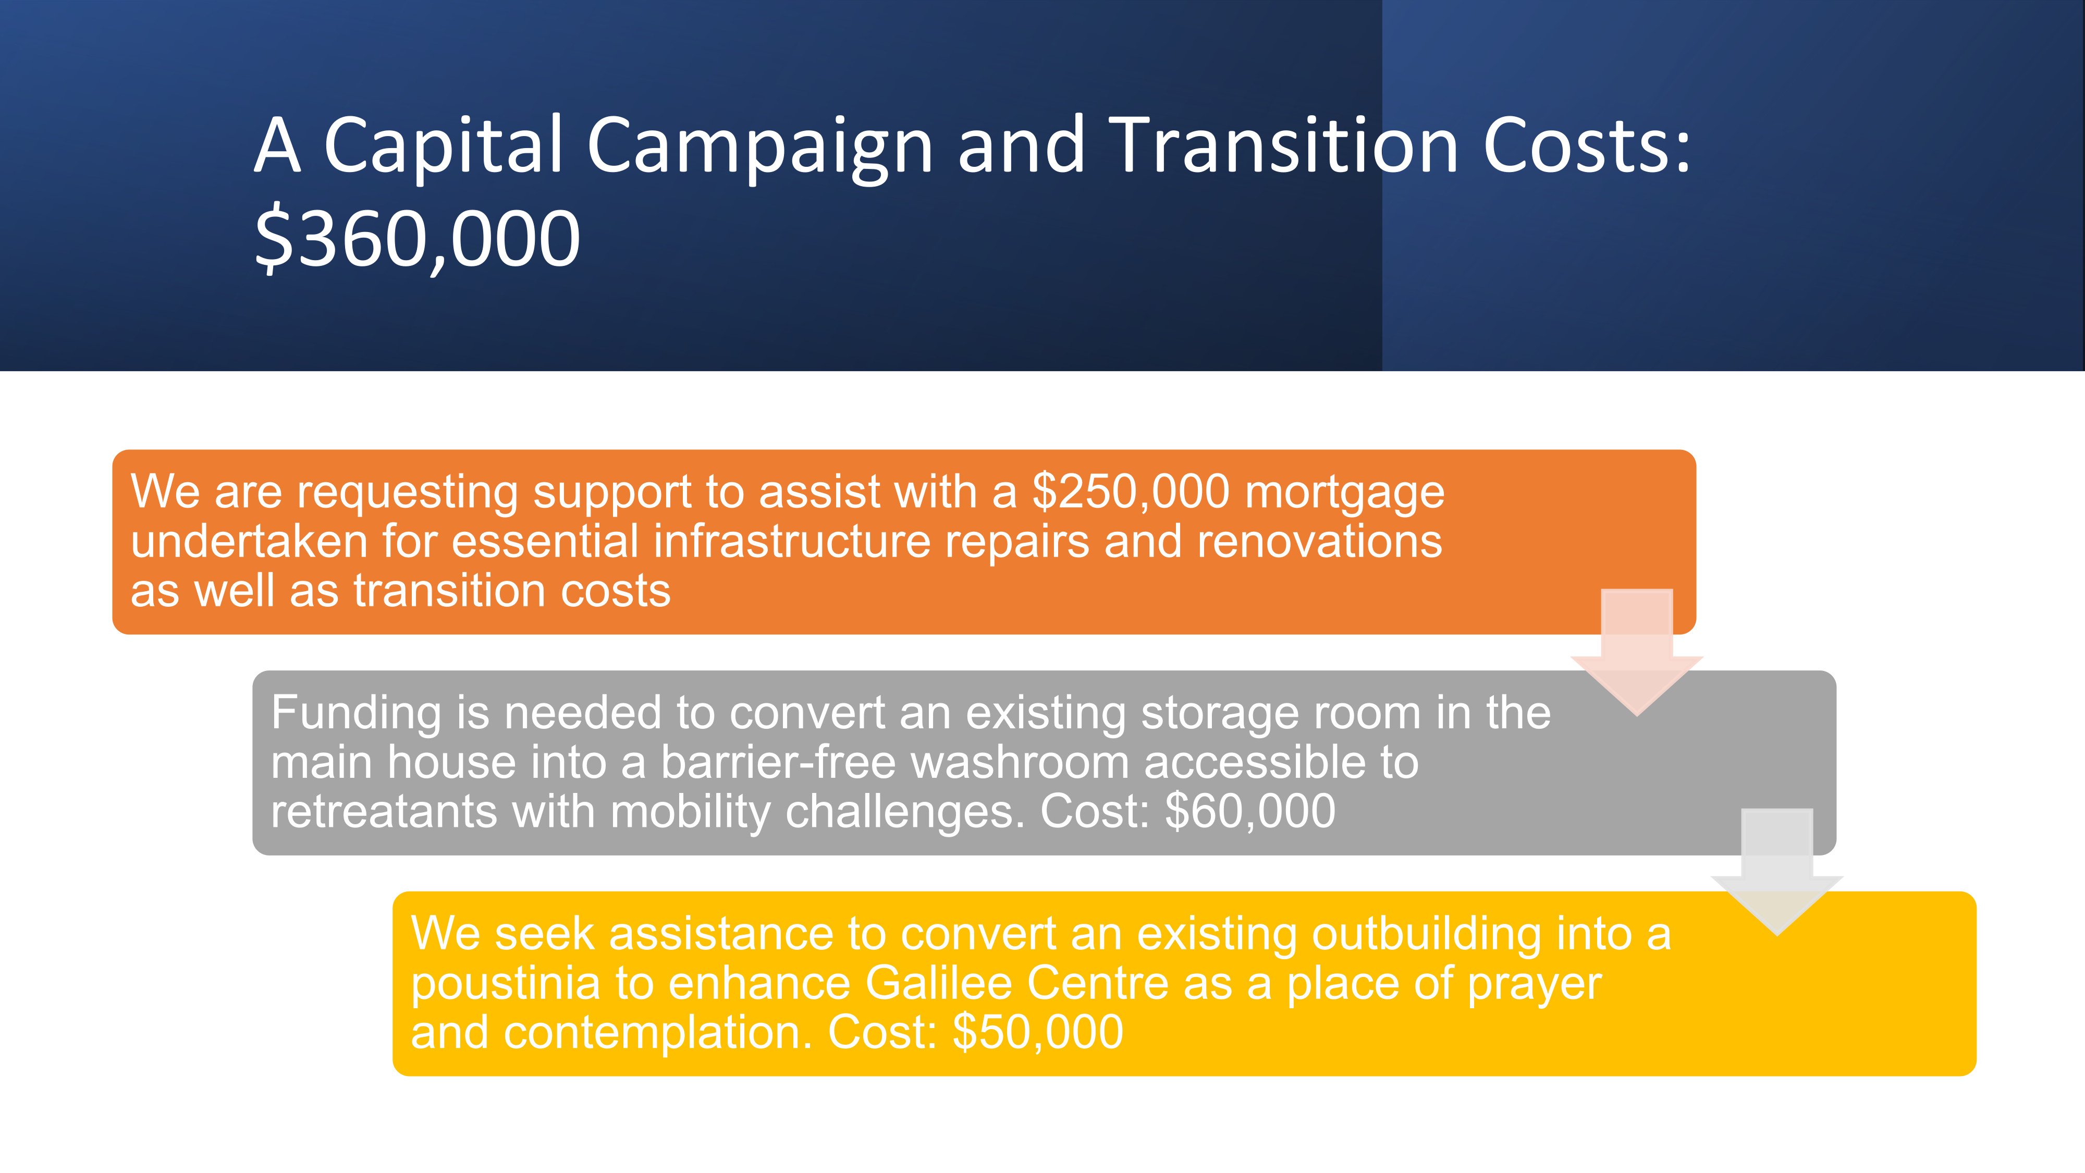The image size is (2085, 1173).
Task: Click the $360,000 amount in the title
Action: point(418,239)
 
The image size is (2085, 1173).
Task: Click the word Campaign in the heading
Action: point(760,148)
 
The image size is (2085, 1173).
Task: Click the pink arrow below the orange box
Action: point(1637,652)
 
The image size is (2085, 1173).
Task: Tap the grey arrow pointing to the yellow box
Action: point(1776,872)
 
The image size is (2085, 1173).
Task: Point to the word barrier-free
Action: point(778,763)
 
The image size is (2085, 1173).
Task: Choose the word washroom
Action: point(1020,763)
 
